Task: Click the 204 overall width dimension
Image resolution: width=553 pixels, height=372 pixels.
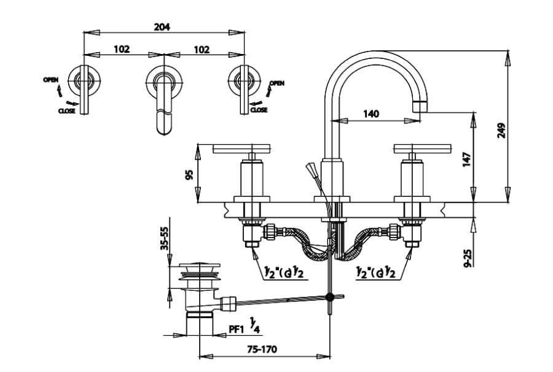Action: (x=162, y=26)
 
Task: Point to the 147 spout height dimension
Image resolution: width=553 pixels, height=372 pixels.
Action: (x=466, y=160)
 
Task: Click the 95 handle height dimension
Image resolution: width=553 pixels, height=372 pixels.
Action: (x=190, y=174)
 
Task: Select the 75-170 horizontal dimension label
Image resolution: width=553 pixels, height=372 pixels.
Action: (x=262, y=349)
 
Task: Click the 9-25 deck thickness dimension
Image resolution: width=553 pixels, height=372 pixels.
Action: (x=468, y=257)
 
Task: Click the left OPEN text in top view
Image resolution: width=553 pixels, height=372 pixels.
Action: (x=50, y=80)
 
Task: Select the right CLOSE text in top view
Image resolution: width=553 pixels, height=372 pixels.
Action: (x=259, y=110)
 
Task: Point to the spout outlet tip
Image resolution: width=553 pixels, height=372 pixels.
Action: (x=421, y=105)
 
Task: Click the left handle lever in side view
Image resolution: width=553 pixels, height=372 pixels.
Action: (x=241, y=148)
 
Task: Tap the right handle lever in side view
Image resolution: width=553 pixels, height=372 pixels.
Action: (x=417, y=148)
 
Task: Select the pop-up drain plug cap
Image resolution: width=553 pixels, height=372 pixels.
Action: (x=200, y=269)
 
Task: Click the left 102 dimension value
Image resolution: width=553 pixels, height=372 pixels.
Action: (x=122, y=49)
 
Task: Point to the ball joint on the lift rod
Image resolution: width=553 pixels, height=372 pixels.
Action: (x=331, y=297)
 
